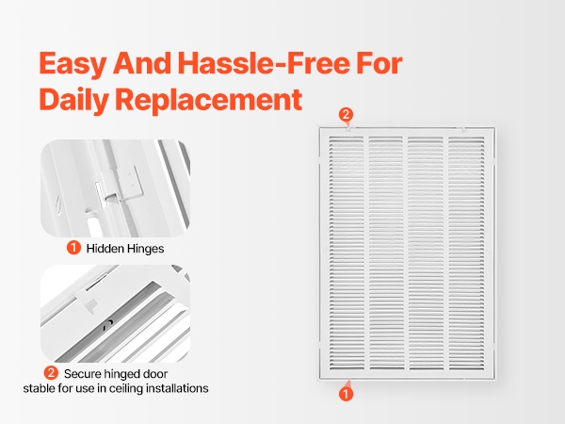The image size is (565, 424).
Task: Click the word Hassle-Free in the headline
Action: pos(264,63)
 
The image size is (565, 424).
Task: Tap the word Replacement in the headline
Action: pos(209,100)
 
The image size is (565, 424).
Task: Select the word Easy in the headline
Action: pos(73,64)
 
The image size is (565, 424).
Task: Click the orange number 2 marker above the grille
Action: pos(346,115)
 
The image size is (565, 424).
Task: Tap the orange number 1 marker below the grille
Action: pos(346,394)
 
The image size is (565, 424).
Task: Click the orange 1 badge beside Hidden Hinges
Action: pos(73,248)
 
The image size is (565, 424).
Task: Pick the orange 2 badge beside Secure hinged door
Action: pos(51,373)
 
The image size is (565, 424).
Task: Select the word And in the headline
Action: pos(142,63)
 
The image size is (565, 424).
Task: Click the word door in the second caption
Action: pos(155,374)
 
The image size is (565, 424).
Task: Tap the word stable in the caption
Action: pos(39,388)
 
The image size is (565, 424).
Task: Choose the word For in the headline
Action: pos(379,63)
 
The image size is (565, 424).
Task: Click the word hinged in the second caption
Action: pos(123,375)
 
